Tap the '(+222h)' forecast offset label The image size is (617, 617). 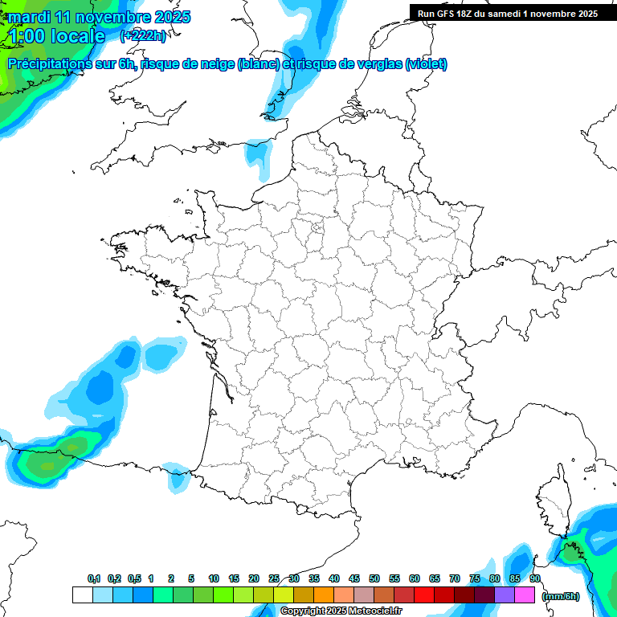143,36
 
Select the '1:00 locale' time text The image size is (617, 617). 56,36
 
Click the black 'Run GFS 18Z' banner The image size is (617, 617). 507,13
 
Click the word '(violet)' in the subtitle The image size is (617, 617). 426,64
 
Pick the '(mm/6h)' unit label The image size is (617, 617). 561,596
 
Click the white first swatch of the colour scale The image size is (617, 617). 82,595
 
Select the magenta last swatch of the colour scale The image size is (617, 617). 525,595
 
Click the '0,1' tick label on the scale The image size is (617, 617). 94,578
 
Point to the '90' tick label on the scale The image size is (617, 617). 534,578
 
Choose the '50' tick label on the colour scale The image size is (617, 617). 374,578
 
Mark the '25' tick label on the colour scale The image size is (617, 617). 274,578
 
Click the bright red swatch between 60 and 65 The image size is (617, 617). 424,595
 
